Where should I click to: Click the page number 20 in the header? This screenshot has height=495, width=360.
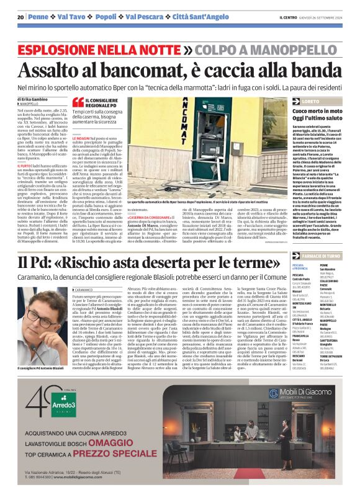coord(20,16)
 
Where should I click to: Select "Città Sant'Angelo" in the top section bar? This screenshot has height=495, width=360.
coord(180,16)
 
